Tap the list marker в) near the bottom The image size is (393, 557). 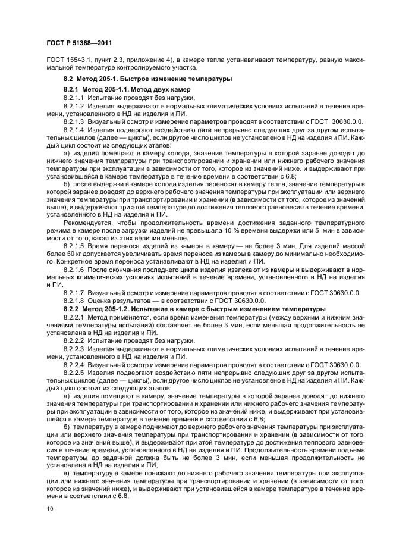[66, 472]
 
